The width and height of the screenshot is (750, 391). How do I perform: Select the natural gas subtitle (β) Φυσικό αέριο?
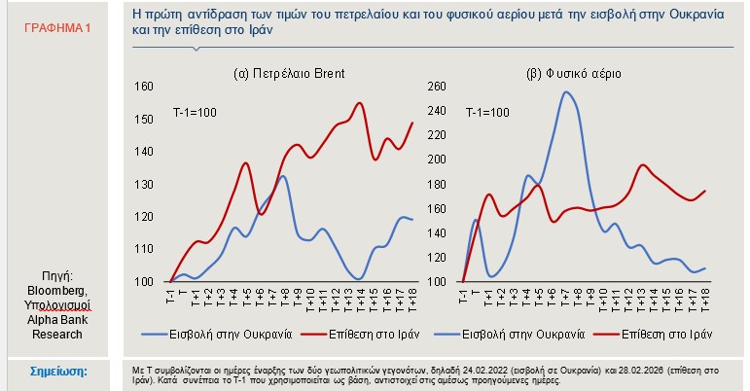574,73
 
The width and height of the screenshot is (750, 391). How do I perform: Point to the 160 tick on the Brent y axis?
144,87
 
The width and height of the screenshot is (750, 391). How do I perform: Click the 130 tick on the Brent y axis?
144,184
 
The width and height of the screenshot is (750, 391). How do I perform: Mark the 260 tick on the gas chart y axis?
436,87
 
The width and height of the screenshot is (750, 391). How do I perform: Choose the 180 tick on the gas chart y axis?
436,184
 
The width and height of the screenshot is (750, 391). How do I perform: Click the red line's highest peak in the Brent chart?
360,103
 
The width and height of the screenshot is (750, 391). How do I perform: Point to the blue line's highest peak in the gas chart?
566,92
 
